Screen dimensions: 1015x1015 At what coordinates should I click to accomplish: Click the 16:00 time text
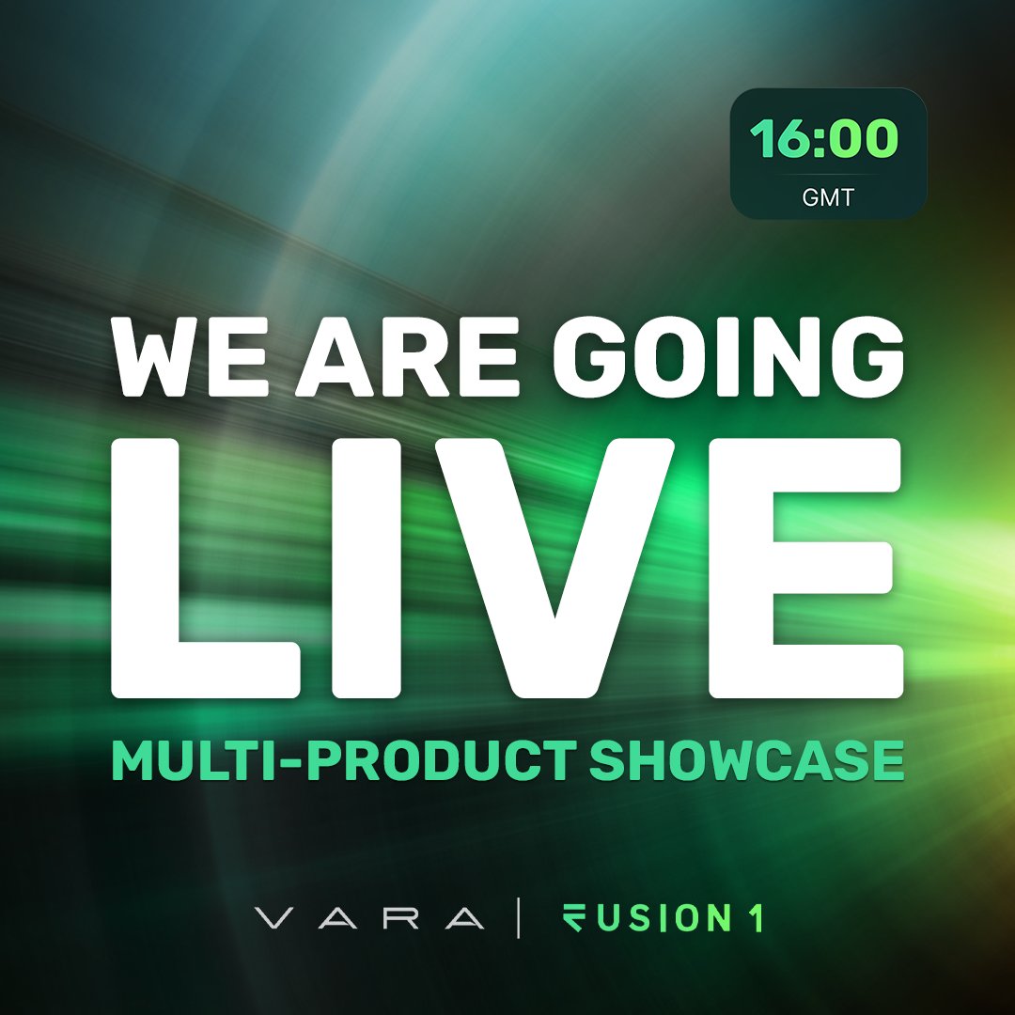pyautogui.click(x=824, y=139)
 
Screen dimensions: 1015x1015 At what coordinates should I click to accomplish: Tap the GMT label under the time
pyautogui.click(x=828, y=199)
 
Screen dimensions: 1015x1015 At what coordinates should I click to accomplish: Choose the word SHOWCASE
pyautogui.click(x=746, y=762)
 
